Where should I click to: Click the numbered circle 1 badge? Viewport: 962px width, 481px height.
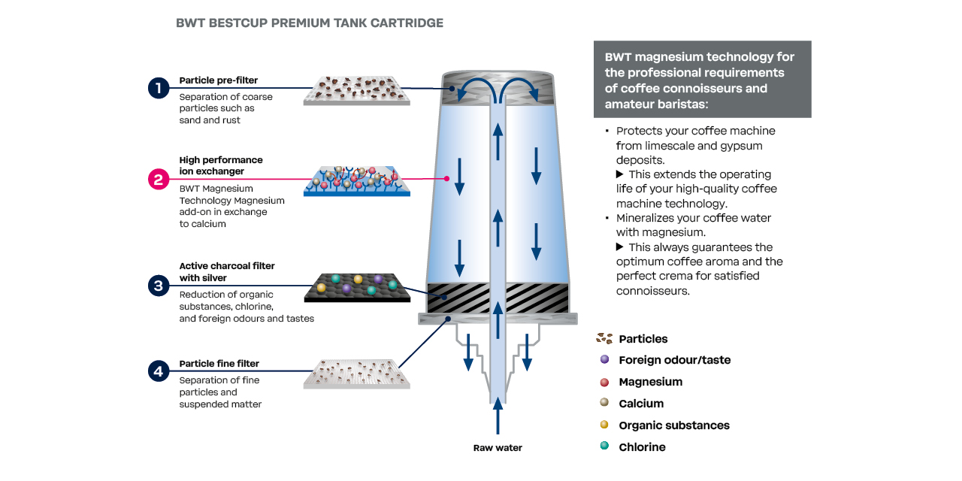pos(159,88)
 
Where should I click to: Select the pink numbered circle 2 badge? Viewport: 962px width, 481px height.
pos(159,179)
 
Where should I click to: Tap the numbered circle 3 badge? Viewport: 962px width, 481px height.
pos(159,286)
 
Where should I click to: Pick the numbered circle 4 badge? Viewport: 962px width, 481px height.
pos(159,371)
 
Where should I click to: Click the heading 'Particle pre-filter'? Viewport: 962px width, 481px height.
pos(218,80)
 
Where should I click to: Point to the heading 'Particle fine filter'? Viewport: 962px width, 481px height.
pos(219,365)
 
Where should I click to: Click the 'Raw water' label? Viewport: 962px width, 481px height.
pos(498,448)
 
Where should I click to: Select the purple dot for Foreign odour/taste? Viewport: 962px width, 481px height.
pos(604,360)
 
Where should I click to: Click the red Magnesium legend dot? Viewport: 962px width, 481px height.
pos(604,382)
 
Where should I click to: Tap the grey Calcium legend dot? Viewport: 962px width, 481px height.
pos(604,404)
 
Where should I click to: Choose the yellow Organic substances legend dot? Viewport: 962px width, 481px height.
pos(604,425)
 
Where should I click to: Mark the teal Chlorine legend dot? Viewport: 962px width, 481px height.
pos(604,447)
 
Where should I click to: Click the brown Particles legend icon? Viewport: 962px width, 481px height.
pos(604,339)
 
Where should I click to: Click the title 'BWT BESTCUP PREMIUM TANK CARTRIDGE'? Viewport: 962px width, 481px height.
pos(310,23)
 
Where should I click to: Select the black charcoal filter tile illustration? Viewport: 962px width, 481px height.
pos(357,287)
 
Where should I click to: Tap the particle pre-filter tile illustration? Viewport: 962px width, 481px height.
pos(357,90)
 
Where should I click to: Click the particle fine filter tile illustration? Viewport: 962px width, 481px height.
pos(357,374)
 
